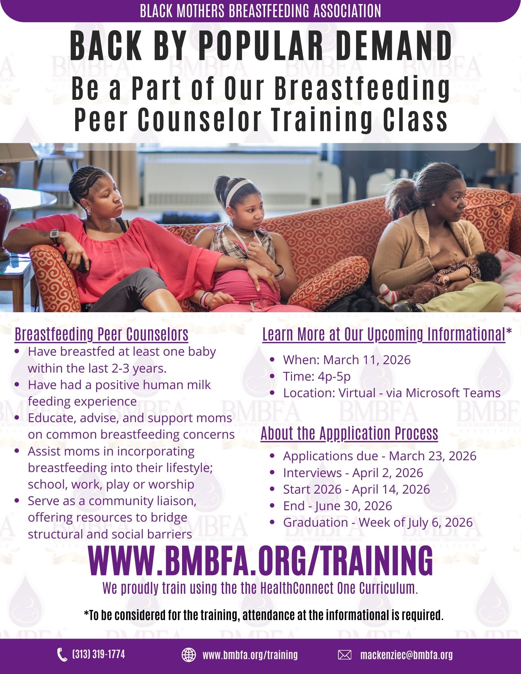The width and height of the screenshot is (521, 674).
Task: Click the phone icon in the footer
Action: point(62,655)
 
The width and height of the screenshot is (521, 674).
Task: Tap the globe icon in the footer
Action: point(189,655)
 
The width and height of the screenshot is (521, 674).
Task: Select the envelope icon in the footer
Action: point(344,655)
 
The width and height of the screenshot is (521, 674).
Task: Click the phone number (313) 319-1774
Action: point(98,654)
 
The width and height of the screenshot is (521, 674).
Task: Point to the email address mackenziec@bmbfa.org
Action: point(406,655)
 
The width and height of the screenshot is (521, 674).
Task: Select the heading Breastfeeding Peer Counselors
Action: point(102,334)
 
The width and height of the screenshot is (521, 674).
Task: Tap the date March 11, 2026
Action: point(367,360)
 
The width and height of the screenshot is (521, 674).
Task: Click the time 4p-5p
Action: point(334,376)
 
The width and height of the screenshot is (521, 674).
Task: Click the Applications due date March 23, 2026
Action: point(433,456)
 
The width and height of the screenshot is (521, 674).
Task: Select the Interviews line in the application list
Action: point(353,473)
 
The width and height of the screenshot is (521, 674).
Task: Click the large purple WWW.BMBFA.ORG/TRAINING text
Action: point(260,560)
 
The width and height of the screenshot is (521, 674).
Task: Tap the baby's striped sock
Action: point(389,293)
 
